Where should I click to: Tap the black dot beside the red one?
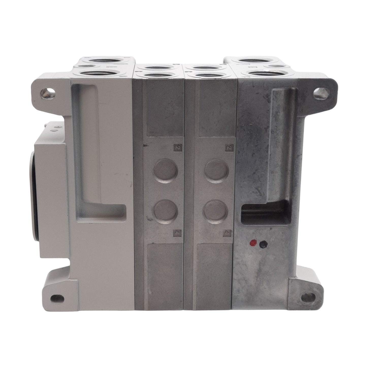pos(263,244)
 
